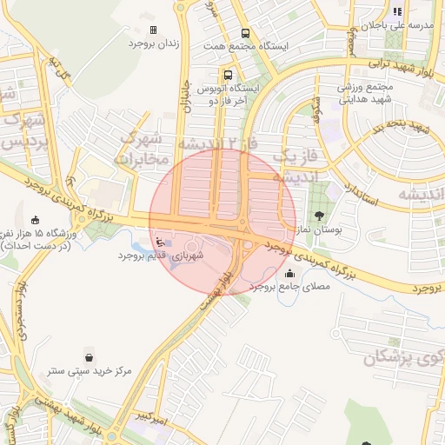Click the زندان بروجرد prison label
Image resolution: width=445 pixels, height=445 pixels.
(x=154, y=43)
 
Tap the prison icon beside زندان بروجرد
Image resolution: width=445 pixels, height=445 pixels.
(x=154, y=30)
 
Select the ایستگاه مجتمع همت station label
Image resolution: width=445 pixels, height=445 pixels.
(x=244, y=44)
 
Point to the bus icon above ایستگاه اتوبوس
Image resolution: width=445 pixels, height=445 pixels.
(x=228, y=75)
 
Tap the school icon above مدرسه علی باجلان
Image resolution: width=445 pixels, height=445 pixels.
(x=397, y=11)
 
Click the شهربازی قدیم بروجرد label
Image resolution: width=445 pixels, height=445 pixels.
(x=174, y=257)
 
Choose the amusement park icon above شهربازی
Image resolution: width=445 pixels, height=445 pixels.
(x=158, y=242)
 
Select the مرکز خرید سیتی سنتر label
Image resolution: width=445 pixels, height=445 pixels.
(x=89, y=370)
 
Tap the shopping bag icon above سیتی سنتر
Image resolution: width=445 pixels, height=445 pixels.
(x=90, y=356)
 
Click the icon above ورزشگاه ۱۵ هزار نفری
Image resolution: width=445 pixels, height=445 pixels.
(x=35, y=219)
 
